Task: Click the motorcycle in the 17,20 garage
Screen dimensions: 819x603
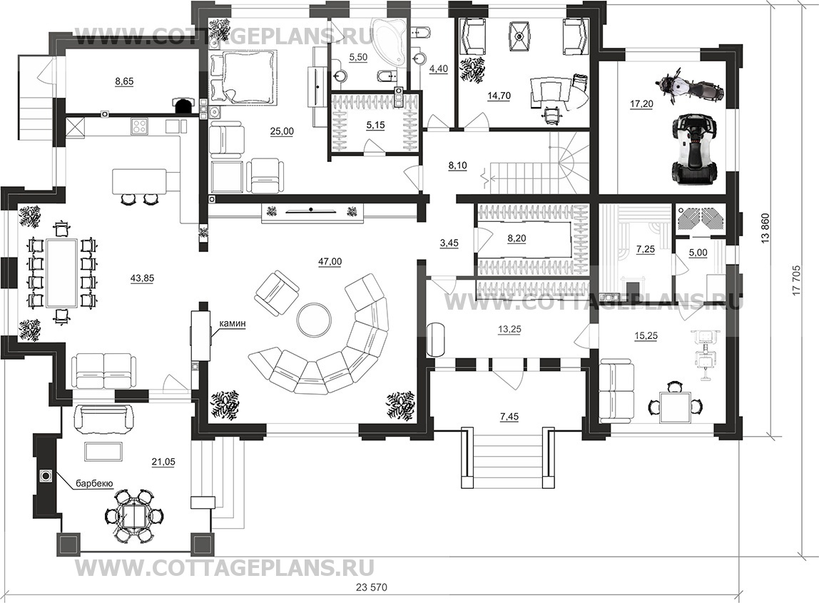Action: pos(689,87)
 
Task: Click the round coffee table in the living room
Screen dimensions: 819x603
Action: pos(313,320)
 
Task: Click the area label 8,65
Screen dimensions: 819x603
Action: pos(123,81)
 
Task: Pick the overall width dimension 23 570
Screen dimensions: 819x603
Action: pos(372,587)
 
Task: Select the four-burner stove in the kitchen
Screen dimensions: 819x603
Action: pos(139,126)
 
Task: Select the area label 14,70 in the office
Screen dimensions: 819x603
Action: pos(498,96)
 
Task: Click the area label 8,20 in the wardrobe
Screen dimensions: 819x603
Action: pos(517,238)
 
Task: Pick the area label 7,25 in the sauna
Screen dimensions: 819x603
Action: pos(646,249)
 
